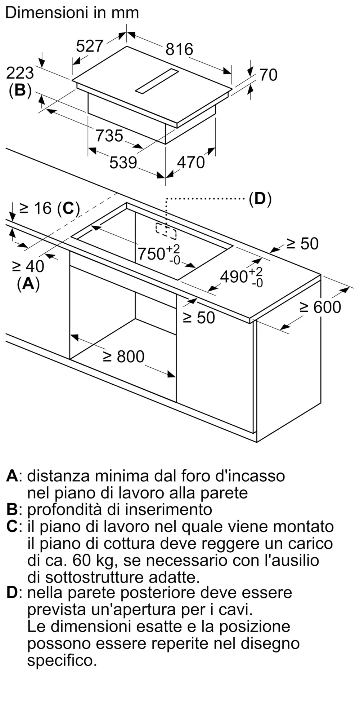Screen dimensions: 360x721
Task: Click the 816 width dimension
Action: click(x=179, y=49)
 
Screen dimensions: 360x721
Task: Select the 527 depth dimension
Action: click(x=90, y=46)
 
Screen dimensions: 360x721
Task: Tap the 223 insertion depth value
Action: click(x=20, y=73)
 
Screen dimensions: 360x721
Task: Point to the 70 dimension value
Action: click(x=269, y=75)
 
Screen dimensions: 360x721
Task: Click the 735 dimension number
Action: click(x=109, y=136)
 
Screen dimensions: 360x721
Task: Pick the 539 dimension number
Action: click(x=123, y=163)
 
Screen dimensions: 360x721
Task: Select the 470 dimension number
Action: click(x=191, y=163)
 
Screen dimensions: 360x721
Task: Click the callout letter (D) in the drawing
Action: click(x=260, y=199)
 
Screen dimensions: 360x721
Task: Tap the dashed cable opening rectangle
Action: click(x=166, y=231)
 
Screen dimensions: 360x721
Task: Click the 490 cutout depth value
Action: click(x=241, y=277)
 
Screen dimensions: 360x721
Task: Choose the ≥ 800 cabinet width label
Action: click(x=124, y=357)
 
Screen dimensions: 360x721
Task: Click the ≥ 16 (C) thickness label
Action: click(x=49, y=208)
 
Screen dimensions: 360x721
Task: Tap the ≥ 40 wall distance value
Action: click(x=28, y=266)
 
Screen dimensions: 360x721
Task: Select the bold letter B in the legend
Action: click(x=12, y=510)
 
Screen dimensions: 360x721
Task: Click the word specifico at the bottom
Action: click(x=62, y=661)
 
